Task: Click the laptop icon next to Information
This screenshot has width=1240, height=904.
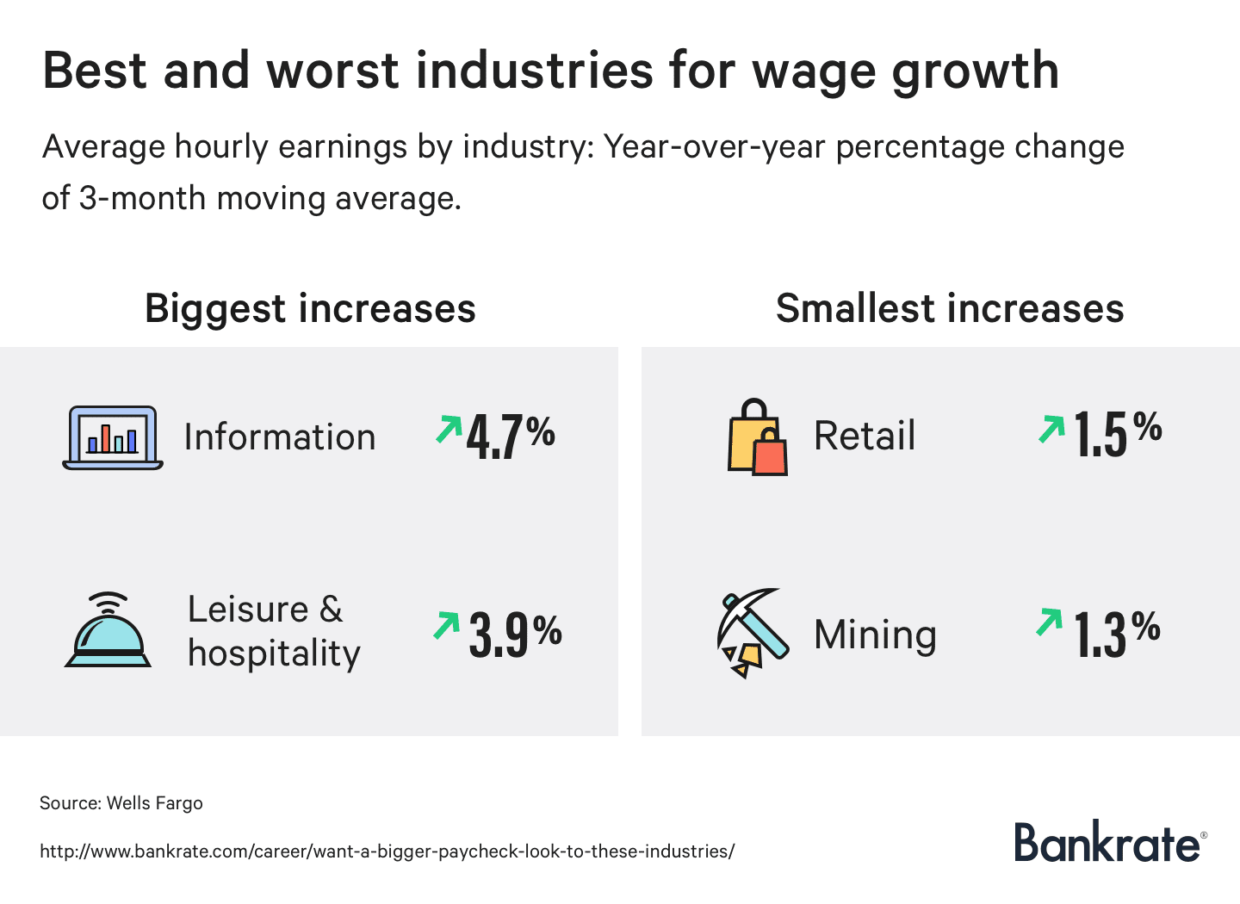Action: [113, 438]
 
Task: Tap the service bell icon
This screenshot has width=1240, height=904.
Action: [108, 631]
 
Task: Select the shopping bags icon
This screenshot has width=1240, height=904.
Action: [757, 438]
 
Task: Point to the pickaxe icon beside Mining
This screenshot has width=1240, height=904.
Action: [753, 633]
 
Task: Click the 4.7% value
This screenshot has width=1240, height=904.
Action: [511, 437]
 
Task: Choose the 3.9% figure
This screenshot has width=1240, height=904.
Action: [515, 634]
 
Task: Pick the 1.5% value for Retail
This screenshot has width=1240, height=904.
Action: [1118, 433]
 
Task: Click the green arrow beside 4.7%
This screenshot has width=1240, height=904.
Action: [448, 429]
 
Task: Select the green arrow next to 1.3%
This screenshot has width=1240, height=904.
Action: [1049, 622]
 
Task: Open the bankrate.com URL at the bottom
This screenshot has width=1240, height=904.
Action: [387, 851]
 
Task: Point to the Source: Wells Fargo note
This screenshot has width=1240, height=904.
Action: [121, 803]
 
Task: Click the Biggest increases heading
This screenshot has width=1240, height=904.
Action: [310, 308]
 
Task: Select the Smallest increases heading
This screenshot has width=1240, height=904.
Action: [950, 308]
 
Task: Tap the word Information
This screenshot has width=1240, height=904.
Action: [280, 437]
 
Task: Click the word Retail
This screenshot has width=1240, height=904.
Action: [865, 436]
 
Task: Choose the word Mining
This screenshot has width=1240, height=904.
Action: [875, 635]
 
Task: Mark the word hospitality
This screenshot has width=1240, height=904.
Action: [274, 654]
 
